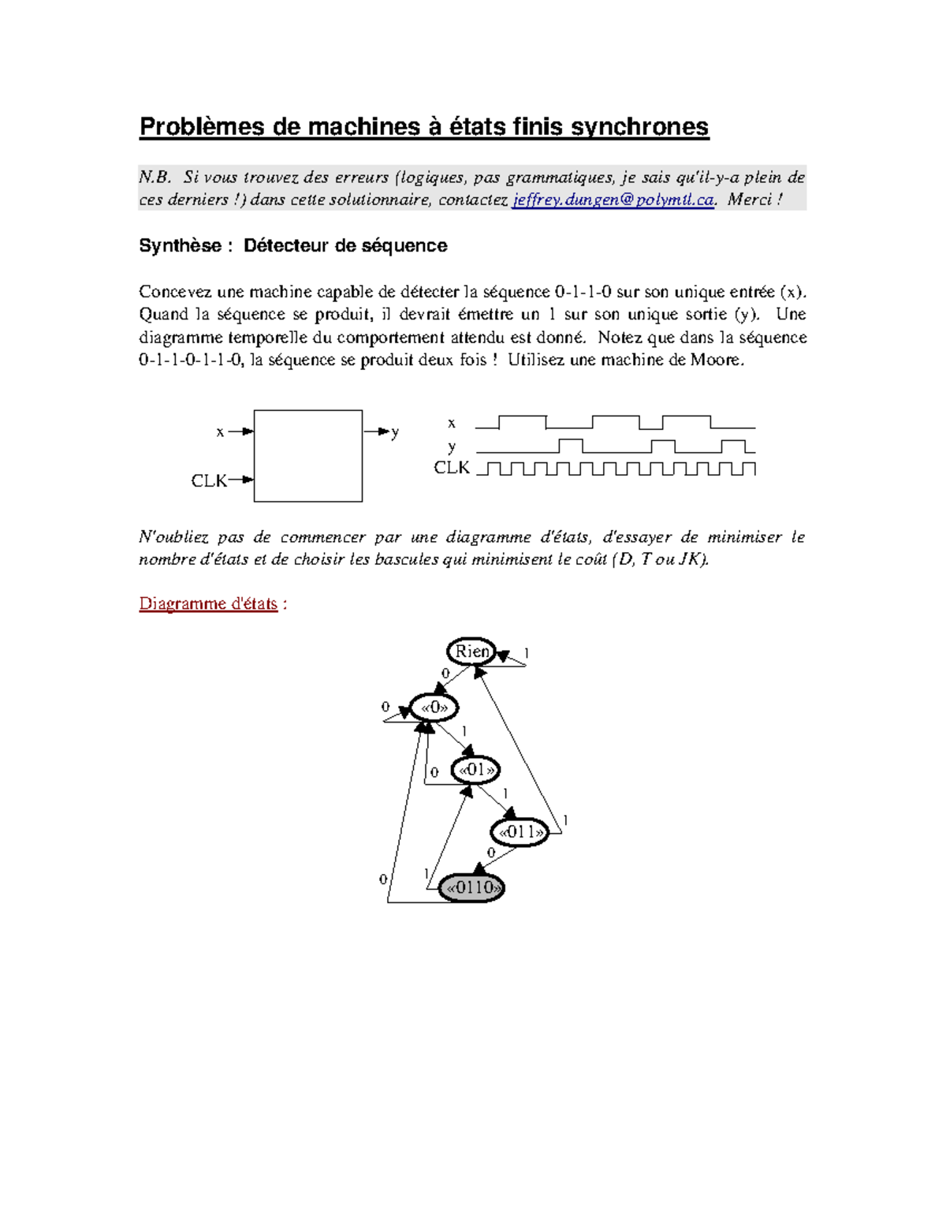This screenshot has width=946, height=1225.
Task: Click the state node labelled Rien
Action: click(471, 652)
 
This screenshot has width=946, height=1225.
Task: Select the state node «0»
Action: click(434, 708)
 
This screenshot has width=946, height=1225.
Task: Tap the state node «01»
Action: click(476, 769)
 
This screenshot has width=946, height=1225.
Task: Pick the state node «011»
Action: click(520, 832)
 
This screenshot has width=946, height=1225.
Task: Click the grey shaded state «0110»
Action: click(471, 887)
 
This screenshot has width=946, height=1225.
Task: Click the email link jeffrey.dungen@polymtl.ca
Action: click(613, 200)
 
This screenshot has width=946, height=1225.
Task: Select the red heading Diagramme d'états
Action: click(208, 603)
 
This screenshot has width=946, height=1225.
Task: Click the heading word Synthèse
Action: click(180, 246)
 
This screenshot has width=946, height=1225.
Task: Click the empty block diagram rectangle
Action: click(308, 456)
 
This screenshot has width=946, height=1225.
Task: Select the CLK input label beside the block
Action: click(209, 480)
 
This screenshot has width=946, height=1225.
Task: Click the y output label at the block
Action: click(395, 432)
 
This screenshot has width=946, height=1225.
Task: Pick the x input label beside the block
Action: click(220, 431)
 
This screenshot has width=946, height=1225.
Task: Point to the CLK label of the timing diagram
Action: click(452, 468)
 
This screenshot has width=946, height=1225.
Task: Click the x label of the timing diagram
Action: click(452, 424)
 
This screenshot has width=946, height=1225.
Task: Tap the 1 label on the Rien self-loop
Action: click(527, 653)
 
